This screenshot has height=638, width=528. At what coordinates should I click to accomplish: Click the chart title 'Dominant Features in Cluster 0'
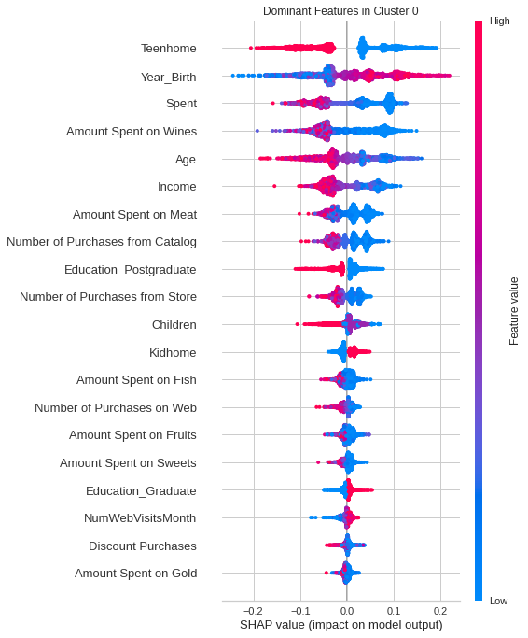pyautogui.click(x=340, y=11)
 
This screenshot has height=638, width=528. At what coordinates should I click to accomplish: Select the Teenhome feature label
pyautogui.click(x=169, y=49)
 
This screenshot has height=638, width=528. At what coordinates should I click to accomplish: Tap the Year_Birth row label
pyautogui.click(x=168, y=78)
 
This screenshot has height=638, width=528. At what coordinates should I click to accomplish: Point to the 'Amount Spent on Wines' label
pyautogui.click(x=132, y=132)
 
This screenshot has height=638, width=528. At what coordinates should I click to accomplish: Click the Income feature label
pyautogui.click(x=177, y=186)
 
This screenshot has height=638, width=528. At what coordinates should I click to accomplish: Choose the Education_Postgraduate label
pyautogui.click(x=130, y=270)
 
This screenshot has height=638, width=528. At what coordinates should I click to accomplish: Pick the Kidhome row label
pyautogui.click(x=173, y=353)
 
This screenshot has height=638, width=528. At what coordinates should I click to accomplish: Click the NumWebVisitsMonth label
pyautogui.click(x=140, y=518)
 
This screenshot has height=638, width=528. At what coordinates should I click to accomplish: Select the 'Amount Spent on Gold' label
pyautogui.click(x=136, y=574)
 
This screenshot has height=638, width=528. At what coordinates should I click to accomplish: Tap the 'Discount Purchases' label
pyautogui.click(x=143, y=546)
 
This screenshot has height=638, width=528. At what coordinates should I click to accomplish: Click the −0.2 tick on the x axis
pyautogui.click(x=254, y=611)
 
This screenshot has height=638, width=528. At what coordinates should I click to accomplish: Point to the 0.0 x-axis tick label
pyautogui.click(x=347, y=611)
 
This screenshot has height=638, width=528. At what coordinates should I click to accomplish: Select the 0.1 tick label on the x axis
pyautogui.click(x=394, y=611)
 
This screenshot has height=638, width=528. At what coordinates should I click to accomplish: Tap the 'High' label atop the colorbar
pyautogui.click(x=499, y=21)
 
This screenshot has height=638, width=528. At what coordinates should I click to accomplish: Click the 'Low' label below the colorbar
pyautogui.click(x=499, y=601)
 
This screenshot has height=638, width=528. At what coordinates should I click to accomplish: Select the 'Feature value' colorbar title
pyautogui.click(x=514, y=311)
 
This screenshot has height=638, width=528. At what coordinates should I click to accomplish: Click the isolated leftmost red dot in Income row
pyautogui.click(x=274, y=186)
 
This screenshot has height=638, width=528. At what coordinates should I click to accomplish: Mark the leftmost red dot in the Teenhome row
pyautogui.click(x=250, y=48)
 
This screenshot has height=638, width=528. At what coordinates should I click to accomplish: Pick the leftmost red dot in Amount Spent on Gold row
pyautogui.click(x=326, y=573)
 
